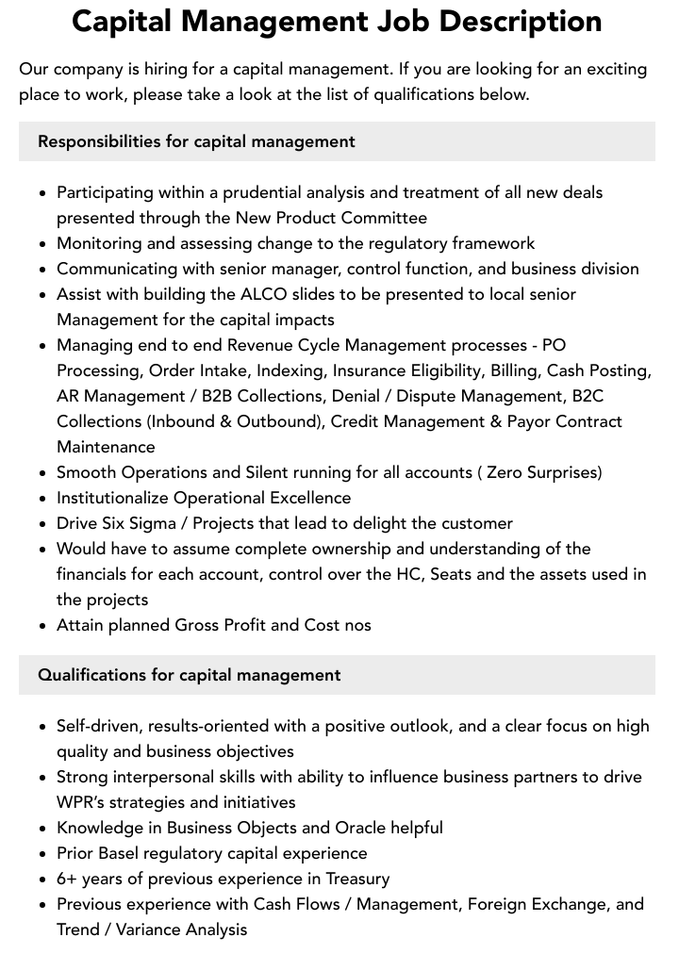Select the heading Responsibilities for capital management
(x=196, y=141)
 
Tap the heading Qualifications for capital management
(x=190, y=675)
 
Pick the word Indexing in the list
(x=290, y=370)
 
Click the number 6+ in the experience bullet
(x=68, y=879)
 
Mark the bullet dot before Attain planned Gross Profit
(x=43, y=626)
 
